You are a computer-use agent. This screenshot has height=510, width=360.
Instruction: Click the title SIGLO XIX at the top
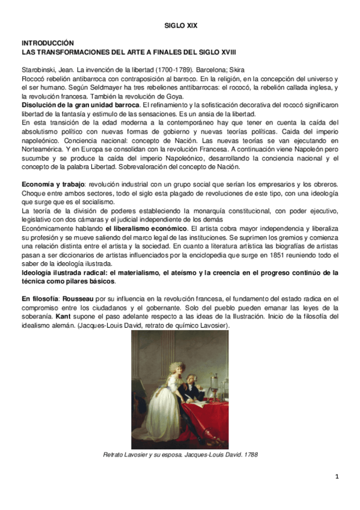pyautogui.click(x=180, y=26)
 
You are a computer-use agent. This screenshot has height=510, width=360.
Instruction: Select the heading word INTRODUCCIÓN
pyautogui.click(x=47, y=44)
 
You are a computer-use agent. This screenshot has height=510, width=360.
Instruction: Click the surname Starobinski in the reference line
pyautogui.click(x=40, y=70)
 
